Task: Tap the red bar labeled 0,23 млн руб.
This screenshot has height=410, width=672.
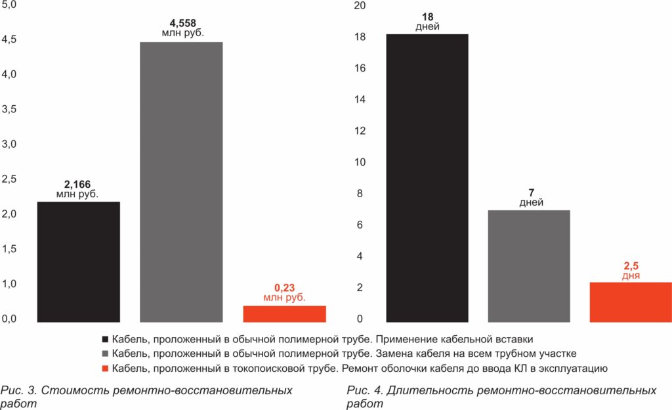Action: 284,314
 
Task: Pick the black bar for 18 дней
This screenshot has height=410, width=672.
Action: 427,178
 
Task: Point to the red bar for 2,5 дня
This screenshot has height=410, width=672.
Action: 631,302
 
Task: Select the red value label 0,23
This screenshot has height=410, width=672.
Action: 284,288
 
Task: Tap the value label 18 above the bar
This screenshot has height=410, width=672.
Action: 427,17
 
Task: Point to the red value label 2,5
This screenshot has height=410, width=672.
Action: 631,266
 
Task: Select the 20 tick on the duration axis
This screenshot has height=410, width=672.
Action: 359,6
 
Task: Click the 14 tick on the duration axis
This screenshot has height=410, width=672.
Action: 359,100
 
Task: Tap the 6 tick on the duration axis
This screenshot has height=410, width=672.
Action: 359,225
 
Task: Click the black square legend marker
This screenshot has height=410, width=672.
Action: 105,340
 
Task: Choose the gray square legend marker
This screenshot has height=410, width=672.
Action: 105,354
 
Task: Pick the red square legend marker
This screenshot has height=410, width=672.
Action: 105,368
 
